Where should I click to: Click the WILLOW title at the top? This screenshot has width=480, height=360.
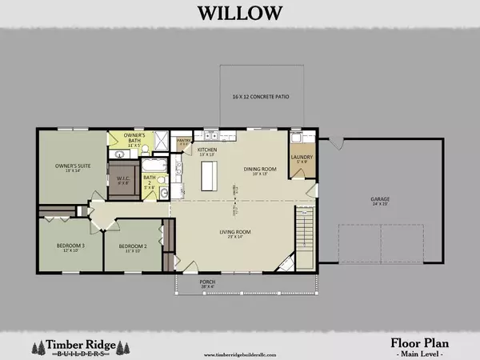(x=240, y=13)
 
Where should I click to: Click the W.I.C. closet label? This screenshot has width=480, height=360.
(x=123, y=178)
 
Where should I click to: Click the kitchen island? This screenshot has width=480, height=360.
(x=210, y=174)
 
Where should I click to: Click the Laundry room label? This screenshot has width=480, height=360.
(x=302, y=158)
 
